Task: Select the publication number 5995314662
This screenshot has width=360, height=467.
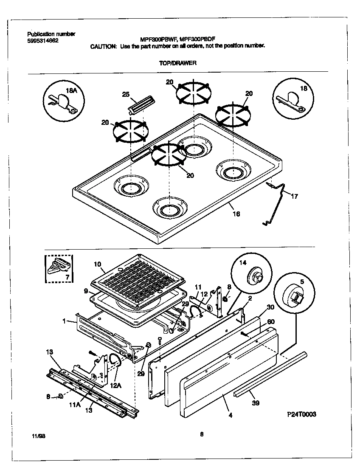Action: tap(43, 41)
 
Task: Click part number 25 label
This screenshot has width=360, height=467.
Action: tap(126, 94)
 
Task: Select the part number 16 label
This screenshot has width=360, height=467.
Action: tap(236, 214)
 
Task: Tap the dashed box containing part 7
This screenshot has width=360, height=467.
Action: tap(59, 269)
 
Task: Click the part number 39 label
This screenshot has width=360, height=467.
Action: tap(256, 402)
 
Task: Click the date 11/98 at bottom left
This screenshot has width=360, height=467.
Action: tap(38, 436)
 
